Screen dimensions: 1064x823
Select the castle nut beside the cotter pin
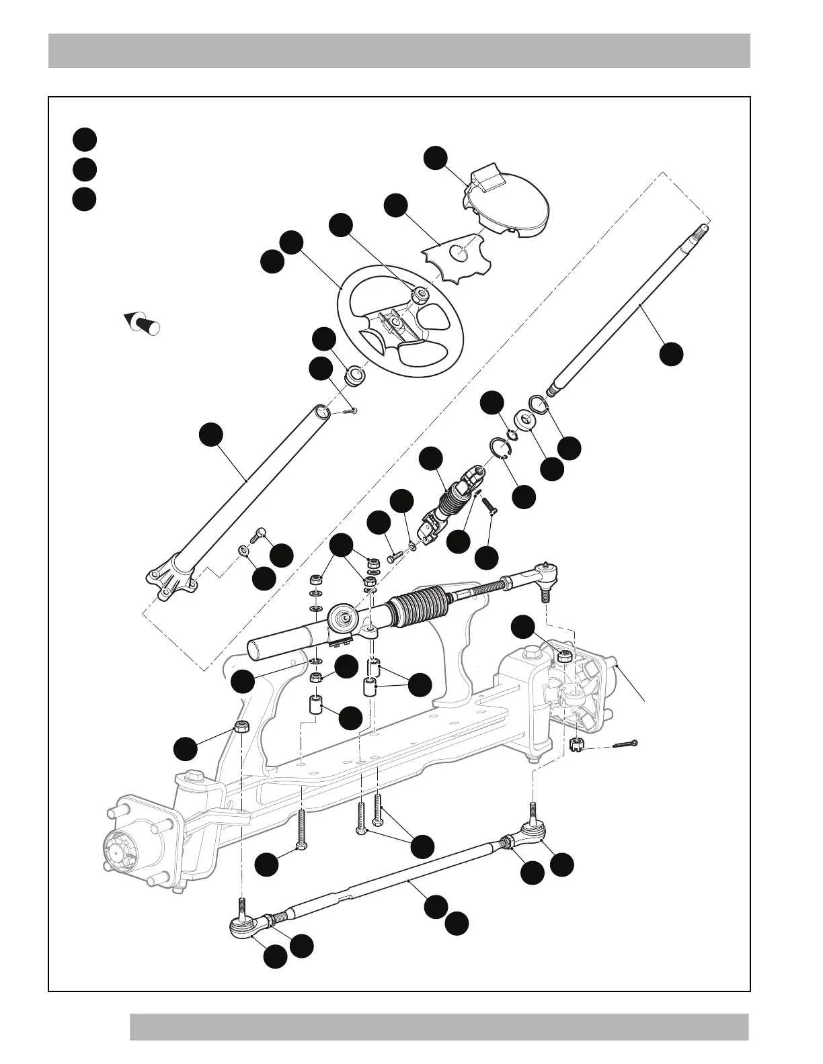(x=576, y=744)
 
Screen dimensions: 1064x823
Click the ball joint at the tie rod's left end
(x=243, y=928)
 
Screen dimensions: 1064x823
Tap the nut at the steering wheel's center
(x=420, y=294)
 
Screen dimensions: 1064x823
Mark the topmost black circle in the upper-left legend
(x=85, y=139)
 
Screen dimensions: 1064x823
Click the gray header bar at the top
(x=399, y=50)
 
